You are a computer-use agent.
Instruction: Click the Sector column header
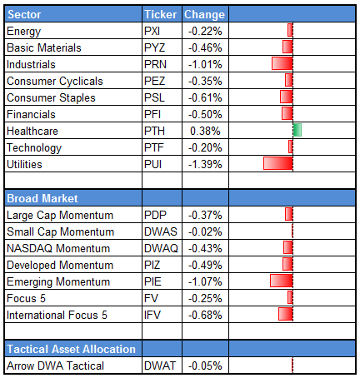(24, 15)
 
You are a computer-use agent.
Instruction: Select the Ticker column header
(161, 15)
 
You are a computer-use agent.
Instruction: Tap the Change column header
(203, 15)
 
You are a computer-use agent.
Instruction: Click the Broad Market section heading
(42, 198)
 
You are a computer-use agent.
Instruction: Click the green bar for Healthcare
(297, 131)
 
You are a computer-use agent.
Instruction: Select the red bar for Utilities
(277, 164)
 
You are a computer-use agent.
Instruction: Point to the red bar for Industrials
(282, 64)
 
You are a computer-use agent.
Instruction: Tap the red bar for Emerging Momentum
(281, 281)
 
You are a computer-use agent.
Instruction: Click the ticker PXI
(153, 31)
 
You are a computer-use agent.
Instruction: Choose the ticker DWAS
(159, 231)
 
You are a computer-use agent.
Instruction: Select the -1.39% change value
(203, 164)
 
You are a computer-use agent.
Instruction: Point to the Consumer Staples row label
(50, 97)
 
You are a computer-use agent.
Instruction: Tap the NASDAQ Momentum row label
(57, 248)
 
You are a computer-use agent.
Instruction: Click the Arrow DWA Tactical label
(54, 366)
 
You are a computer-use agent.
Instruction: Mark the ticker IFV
(153, 315)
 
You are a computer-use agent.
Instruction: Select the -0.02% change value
(203, 231)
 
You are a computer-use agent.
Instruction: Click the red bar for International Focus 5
(285, 315)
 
